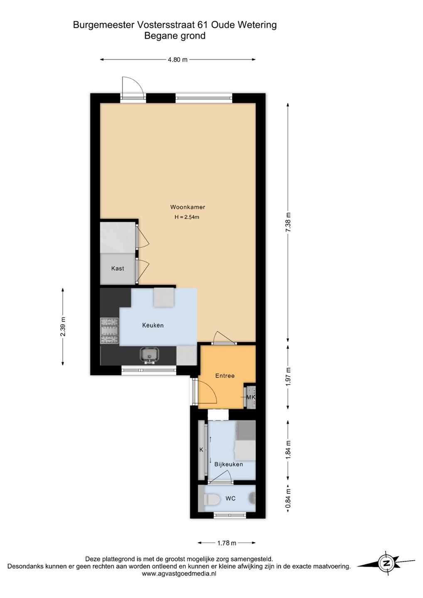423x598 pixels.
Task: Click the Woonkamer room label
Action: [x=187, y=207]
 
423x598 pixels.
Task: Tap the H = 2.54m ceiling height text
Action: [x=187, y=217]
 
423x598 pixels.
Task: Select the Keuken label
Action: [x=153, y=325]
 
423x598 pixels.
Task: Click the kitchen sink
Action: [x=150, y=356]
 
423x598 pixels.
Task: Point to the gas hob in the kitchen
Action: [x=109, y=331]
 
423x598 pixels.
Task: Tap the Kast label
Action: [x=118, y=268]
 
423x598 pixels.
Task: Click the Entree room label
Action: [x=225, y=375]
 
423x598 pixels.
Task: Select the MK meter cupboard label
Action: [x=251, y=397]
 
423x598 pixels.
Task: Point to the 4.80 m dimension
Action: [x=177, y=59]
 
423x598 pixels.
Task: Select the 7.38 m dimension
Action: [x=288, y=223]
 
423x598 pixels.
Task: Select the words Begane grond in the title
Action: [x=175, y=36]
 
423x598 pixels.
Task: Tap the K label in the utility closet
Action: [x=202, y=450]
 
